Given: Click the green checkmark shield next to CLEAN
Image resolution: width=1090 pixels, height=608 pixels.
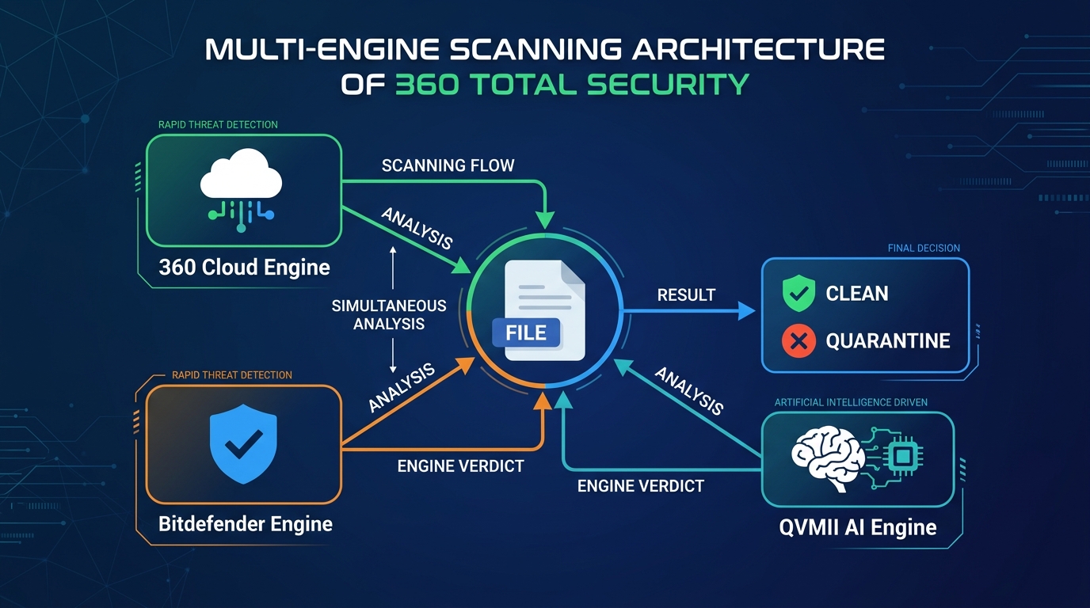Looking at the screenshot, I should pyautogui.click(x=798, y=294).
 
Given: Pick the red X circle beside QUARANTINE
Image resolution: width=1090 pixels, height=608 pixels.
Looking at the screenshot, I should pyautogui.click(x=798, y=341).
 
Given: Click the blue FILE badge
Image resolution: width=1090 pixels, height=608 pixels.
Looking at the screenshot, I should pyautogui.click(x=526, y=333).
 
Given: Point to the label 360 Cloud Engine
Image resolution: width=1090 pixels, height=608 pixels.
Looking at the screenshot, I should pyautogui.click(x=244, y=268).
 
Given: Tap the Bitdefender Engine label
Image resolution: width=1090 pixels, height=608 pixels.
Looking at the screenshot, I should pyautogui.click(x=245, y=524).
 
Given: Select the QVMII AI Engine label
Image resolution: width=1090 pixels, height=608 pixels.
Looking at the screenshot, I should pyautogui.click(x=857, y=527).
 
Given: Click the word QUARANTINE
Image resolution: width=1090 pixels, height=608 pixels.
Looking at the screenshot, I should pyautogui.click(x=888, y=341).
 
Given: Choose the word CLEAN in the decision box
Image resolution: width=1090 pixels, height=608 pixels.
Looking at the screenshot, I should pyautogui.click(x=857, y=294).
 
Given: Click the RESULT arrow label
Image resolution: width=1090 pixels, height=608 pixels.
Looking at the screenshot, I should pyautogui.click(x=686, y=294).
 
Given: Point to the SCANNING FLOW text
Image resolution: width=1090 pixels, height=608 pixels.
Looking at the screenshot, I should pyautogui.click(x=448, y=165).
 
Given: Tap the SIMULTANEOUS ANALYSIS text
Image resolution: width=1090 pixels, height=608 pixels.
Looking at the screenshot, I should pyautogui.click(x=389, y=314).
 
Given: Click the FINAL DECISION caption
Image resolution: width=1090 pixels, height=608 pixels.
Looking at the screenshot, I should pyautogui.click(x=923, y=249).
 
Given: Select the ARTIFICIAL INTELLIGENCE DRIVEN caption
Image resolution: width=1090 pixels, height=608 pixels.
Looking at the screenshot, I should pyautogui.click(x=851, y=403).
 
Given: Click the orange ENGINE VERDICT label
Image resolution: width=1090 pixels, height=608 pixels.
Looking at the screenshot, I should pyautogui.click(x=460, y=466).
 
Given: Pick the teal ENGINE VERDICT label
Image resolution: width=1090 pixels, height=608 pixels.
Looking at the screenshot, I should pyautogui.click(x=640, y=486).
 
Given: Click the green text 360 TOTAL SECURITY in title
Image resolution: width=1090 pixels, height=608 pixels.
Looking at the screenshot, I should pyautogui.click(x=571, y=84).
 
